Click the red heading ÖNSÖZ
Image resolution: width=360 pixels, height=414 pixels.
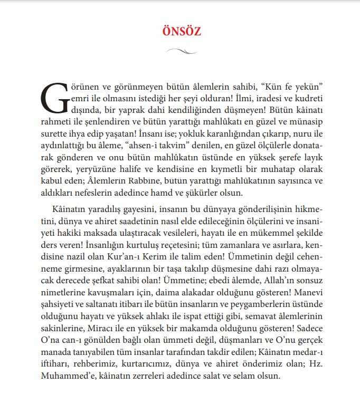tap(181, 31)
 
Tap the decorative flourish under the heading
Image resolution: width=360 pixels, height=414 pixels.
tap(181, 51)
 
